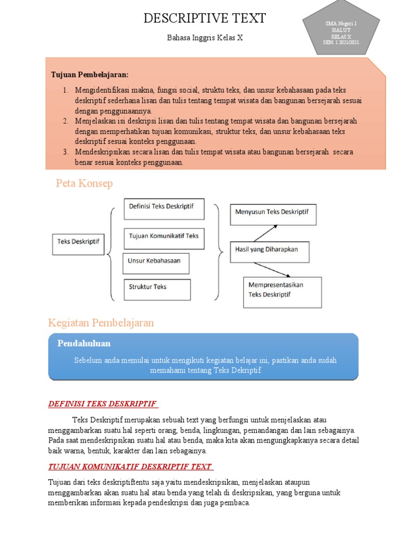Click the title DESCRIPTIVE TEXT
[x=204, y=19]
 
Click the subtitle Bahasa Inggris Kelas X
[x=204, y=38]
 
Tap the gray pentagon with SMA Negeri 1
[x=341, y=33]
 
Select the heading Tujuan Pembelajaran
[x=90, y=74]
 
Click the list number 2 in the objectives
[x=65, y=121]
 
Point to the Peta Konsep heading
[x=84, y=184]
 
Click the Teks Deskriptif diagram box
[x=78, y=244]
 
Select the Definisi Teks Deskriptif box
[x=164, y=208]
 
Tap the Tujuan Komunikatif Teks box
[x=164, y=238]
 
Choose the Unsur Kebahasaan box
[x=156, y=263]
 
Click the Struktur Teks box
[x=157, y=289]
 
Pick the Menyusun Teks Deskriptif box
[x=273, y=215]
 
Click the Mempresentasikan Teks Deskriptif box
[x=282, y=292]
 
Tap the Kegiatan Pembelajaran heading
[x=101, y=323]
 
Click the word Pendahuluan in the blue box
[x=84, y=343]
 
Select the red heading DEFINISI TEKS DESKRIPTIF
[x=104, y=404]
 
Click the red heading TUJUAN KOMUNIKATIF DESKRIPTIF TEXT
[x=131, y=467]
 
